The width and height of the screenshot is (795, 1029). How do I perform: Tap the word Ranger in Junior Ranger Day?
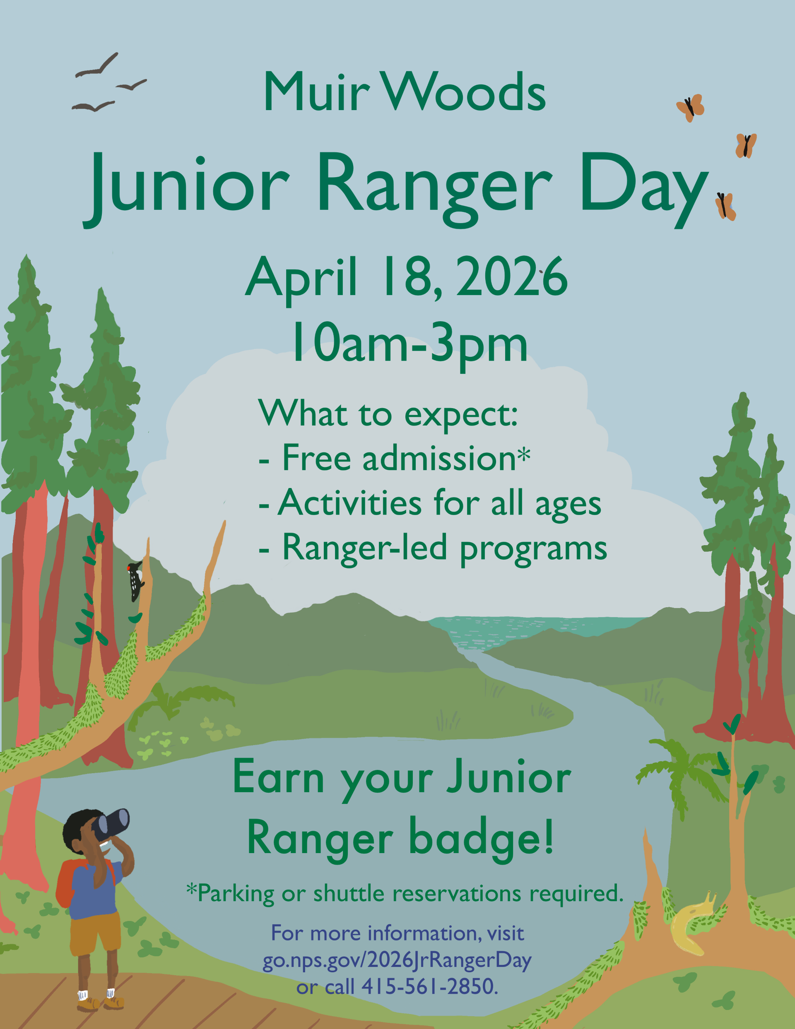(434, 188)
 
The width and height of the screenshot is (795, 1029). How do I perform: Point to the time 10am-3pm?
(409, 345)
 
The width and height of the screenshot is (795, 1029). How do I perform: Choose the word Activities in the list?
(349, 503)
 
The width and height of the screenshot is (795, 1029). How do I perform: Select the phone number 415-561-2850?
(429, 986)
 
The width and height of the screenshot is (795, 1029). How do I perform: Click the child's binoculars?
(111, 824)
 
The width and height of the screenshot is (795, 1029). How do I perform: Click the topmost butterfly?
(690, 108)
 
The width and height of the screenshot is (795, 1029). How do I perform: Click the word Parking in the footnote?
(236, 893)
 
